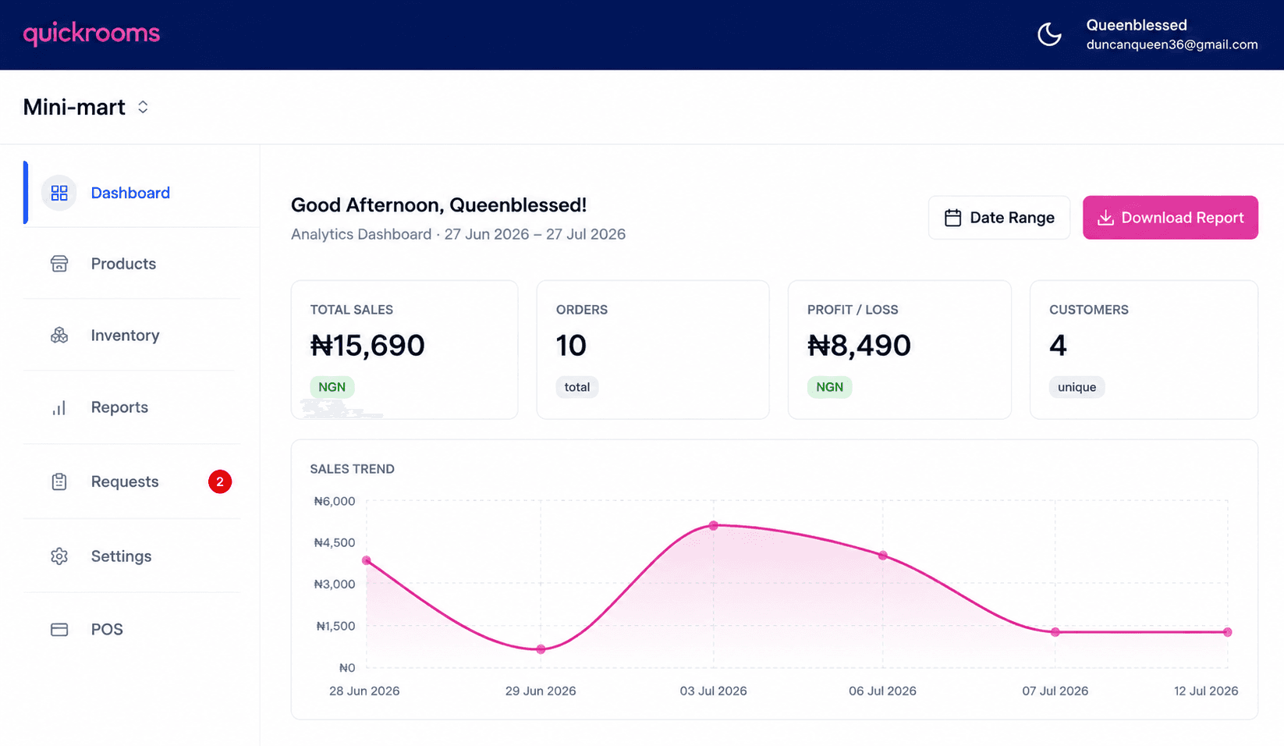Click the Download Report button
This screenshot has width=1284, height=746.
coord(1170,217)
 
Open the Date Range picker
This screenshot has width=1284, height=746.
coord(999,217)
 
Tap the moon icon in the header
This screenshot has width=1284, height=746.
coord(1049,34)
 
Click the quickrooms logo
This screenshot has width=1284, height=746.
coord(91,34)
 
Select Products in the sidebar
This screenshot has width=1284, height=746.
coord(123,264)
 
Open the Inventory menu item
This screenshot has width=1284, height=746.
coord(125,335)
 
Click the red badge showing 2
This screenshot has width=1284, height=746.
coord(220,481)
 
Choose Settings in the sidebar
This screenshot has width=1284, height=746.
coord(121,556)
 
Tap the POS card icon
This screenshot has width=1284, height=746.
coord(59,630)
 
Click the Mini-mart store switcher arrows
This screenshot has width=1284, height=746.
coord(143,107)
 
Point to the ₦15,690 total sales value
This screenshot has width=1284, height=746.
coord(367,345)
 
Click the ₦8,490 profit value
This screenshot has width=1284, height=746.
coord(859,345)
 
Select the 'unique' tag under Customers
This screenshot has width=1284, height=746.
coord(1077,387)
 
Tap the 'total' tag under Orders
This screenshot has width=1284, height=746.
coord(576,387)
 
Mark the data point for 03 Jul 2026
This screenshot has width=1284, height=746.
coord(713,525)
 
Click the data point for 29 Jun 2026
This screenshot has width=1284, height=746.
coord(541,649)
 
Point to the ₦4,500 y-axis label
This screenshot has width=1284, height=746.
coord(334,542)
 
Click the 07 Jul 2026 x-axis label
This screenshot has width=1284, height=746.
coord(1055,691)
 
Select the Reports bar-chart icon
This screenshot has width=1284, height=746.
coord(59,407)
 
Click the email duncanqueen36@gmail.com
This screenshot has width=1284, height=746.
coord(1172,44)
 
